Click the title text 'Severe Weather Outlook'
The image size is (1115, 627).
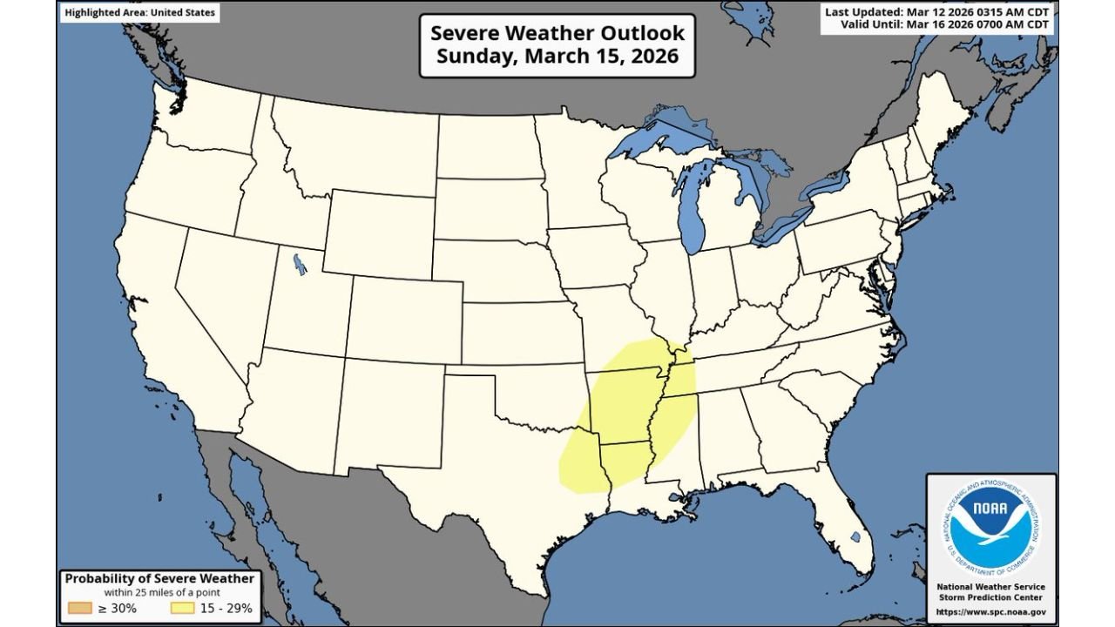coord(557,33)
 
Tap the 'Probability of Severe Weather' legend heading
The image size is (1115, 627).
coord(159,579)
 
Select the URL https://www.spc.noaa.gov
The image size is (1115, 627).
coord(991,611)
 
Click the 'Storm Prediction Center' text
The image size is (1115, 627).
coord(991,597)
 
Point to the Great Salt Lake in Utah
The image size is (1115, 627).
coord(300,263)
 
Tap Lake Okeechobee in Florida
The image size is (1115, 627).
coord(855,538)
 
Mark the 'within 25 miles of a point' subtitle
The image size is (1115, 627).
coord(159,593)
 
